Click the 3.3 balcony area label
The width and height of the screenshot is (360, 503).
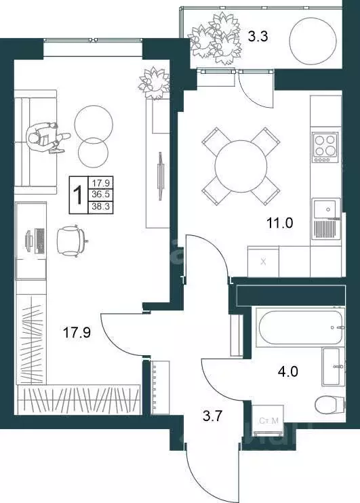point(257,37)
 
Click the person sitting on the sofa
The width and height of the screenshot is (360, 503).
point(48,136)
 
